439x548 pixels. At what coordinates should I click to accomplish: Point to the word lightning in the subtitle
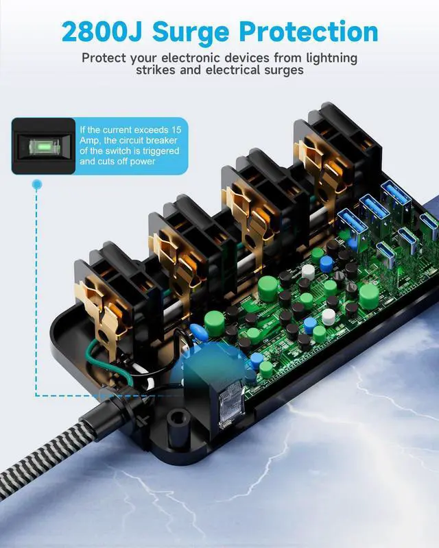tap(327, 58)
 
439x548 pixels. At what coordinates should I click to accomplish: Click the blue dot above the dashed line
tap(37, 184)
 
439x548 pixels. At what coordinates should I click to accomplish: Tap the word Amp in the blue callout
tap(89, 140)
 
